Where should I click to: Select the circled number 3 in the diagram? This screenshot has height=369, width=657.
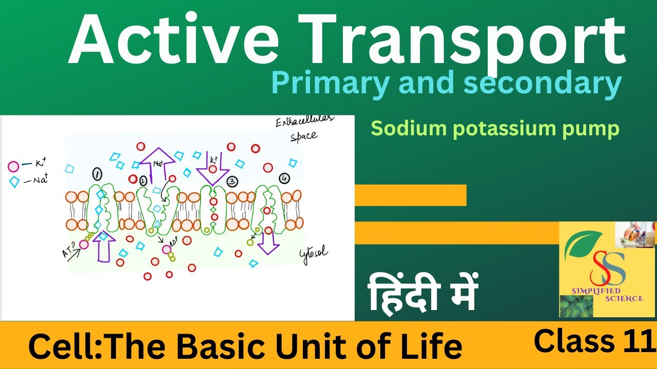click(x=232, y=181)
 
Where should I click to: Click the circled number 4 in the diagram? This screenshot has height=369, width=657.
click(x=284, y=178)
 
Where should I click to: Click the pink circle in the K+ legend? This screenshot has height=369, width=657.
click(x=14, y=166)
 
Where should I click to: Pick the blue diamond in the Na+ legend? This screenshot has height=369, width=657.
click(x=14, y=181)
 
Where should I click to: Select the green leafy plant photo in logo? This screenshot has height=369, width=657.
click(x=576, y=306)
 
